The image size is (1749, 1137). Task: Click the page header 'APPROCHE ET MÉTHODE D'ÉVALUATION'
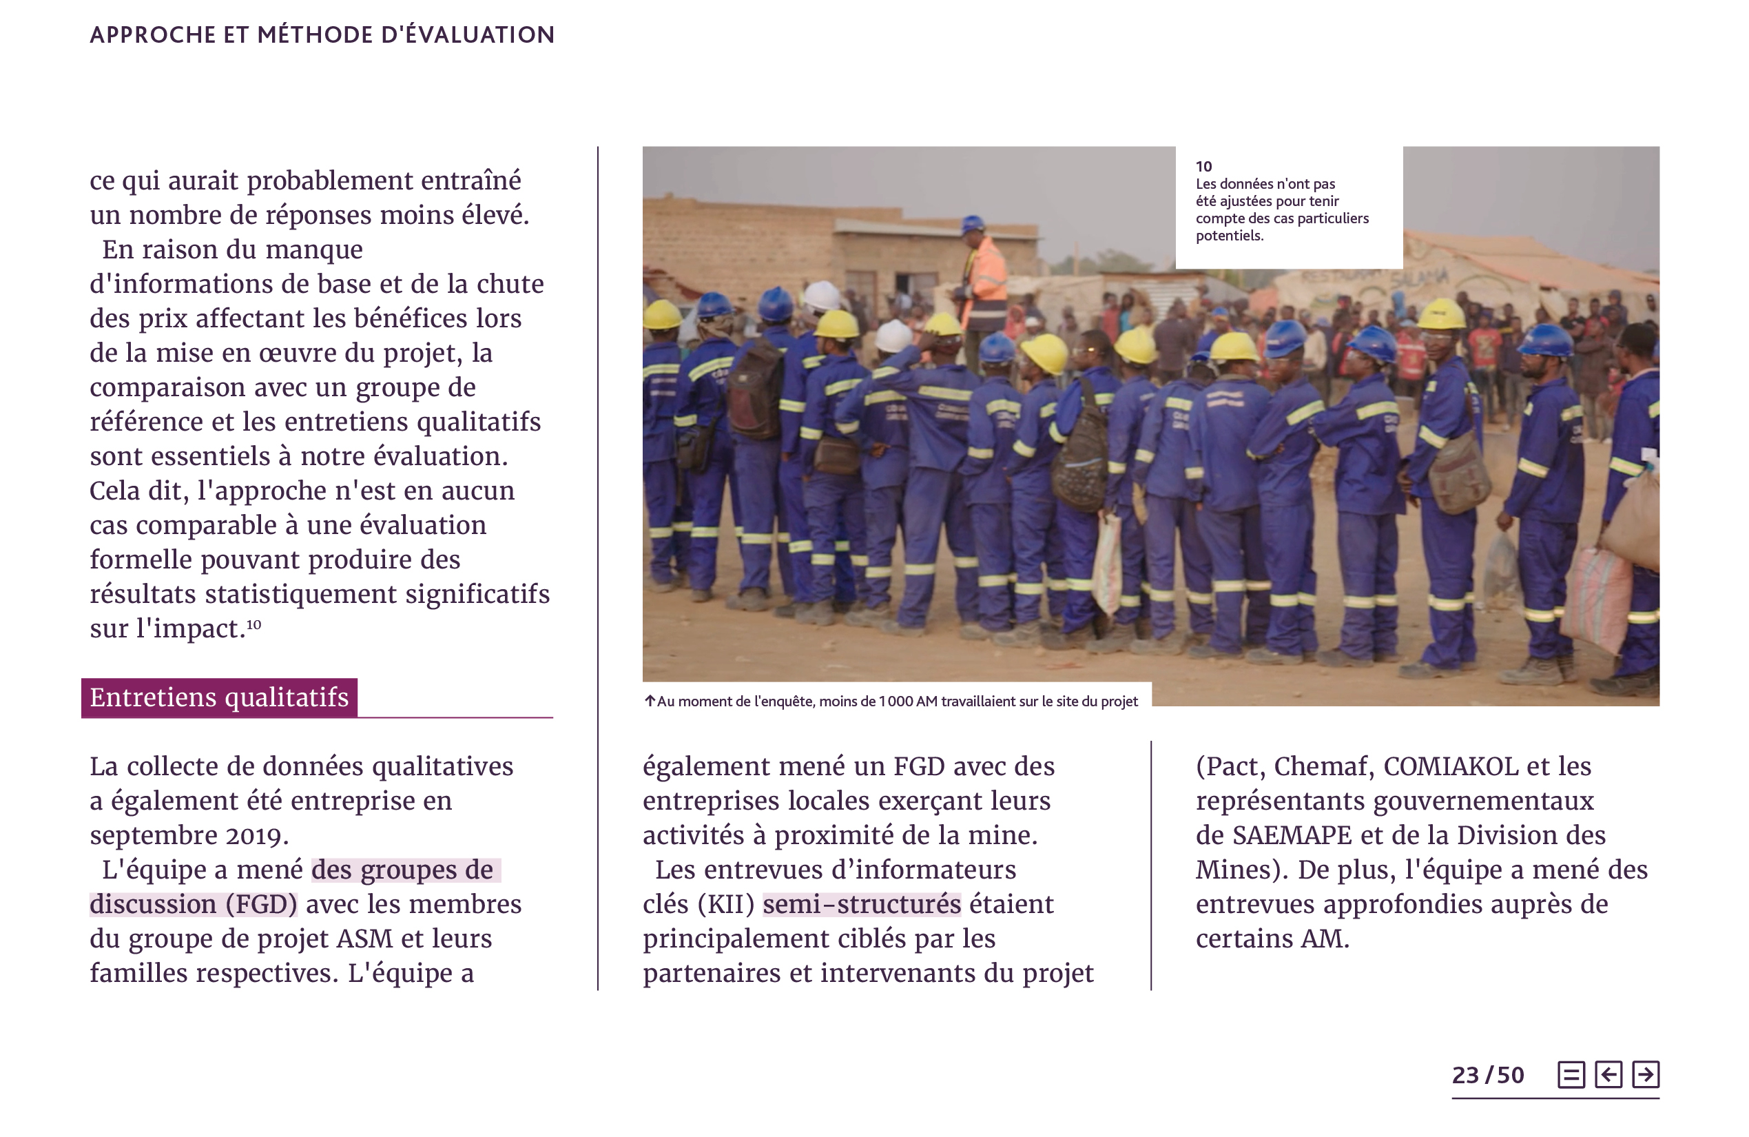click(322, 34)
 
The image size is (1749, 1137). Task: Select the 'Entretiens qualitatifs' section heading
click(219, 697)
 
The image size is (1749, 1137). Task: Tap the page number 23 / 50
click(1487, 1075)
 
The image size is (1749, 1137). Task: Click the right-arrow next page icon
click(1646, 1074)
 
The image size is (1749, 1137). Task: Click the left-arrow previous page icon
click(1608, 1074)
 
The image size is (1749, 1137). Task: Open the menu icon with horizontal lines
click(1571, 1074)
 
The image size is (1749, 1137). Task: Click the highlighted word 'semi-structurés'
click(861, 904)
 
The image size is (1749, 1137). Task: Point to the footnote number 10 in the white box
click(1203, 166)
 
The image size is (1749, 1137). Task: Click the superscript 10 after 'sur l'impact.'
click(253, 625)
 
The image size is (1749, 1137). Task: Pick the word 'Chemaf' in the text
click(1323, 766)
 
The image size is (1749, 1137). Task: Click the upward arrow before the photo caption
click(650, 701)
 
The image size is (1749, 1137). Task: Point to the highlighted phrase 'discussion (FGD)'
click(194, 904)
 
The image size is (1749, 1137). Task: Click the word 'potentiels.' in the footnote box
click(1229, 236)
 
